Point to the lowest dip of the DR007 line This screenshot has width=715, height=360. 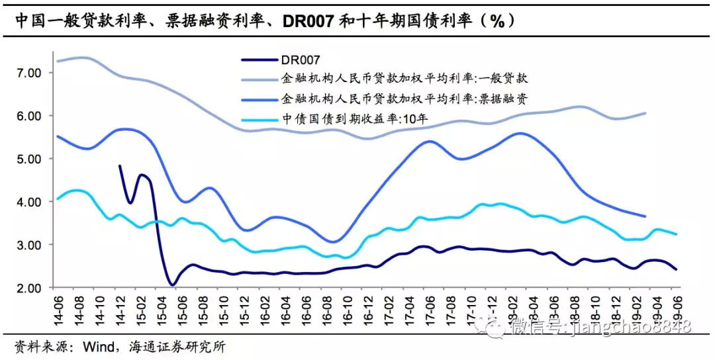pyautogui.click(x=172, y=285)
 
